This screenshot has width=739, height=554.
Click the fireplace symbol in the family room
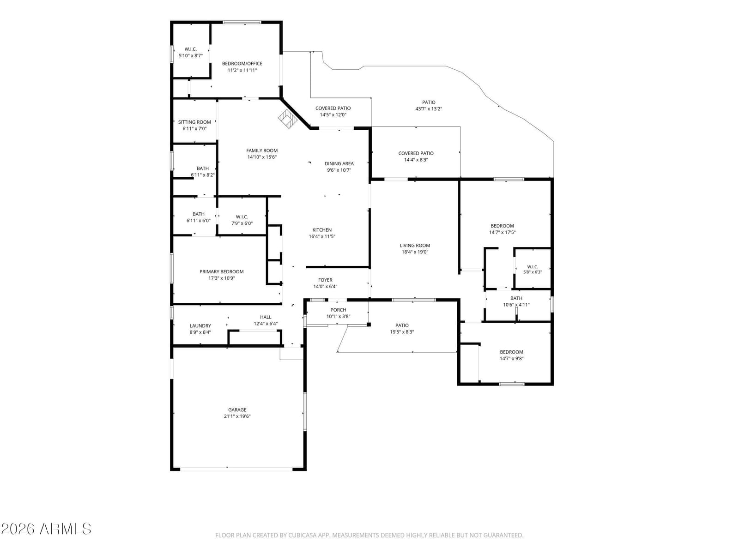[x=288, y=118]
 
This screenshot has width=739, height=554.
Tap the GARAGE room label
[x=237, y=409]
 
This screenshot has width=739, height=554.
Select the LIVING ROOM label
[x=415, y=246]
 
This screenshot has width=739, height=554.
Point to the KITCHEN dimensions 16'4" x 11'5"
[x=322, y=236]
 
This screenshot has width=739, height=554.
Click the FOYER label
[x=325, y=280]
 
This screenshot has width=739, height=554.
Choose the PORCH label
[x=338, y=310]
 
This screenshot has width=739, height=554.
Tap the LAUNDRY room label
[x=200, y=325]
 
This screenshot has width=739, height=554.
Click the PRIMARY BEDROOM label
[x=222, y=271]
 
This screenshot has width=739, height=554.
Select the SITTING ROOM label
[x=194, y=122]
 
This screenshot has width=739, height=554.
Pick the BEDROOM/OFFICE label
[x=242, y=64]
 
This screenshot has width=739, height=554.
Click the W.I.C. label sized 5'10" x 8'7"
[x=191, y=49]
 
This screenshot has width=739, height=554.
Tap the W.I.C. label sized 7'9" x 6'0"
[x=242, y=217]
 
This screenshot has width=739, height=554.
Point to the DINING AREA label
[x=339, y=163]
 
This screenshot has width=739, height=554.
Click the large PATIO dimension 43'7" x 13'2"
[x=429, y=109]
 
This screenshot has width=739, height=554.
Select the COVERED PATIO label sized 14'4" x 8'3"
[x=416, y=153]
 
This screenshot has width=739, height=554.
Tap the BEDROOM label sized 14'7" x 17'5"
[x=502, y=226]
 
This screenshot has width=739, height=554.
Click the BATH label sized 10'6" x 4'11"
[x=516, y=298]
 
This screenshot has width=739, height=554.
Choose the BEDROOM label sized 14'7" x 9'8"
[x=511, y=352]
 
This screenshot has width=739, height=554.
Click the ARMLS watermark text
[x=65, y=529]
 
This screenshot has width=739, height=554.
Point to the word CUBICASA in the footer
[x=302, y=535]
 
